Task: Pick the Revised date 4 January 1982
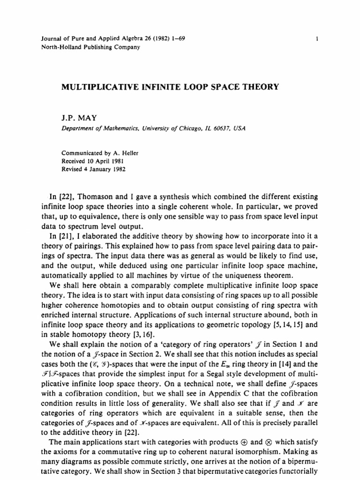(x=106, y=168)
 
